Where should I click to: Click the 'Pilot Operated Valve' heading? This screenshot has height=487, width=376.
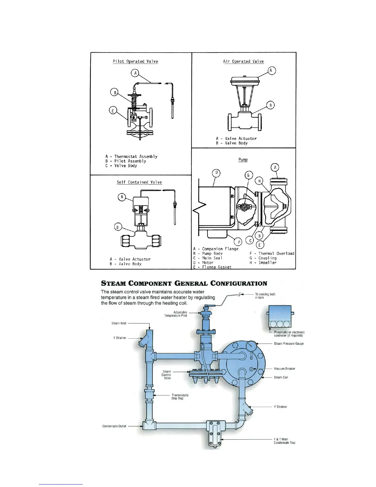135,61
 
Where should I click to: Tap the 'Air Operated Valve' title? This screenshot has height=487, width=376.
243,61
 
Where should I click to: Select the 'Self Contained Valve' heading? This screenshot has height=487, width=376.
139,182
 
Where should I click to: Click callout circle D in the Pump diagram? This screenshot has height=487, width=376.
217,173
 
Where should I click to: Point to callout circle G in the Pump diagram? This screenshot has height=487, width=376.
249,176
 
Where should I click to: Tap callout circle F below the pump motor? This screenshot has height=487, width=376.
239,243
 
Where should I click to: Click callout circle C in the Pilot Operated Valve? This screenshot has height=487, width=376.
113,111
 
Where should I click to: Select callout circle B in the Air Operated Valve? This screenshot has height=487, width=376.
270,105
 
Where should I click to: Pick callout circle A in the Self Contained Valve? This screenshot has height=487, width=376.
122,197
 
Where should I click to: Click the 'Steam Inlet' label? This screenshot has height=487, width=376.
119,323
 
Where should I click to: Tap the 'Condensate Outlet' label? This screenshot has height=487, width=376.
114,426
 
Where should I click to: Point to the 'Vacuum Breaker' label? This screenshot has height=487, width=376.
284,369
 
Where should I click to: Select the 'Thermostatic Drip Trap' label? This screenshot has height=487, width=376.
180,397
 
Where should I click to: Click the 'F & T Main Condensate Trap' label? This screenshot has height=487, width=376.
284,441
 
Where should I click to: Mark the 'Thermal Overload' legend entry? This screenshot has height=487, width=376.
272,254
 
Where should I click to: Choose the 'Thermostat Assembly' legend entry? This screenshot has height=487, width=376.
131,156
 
